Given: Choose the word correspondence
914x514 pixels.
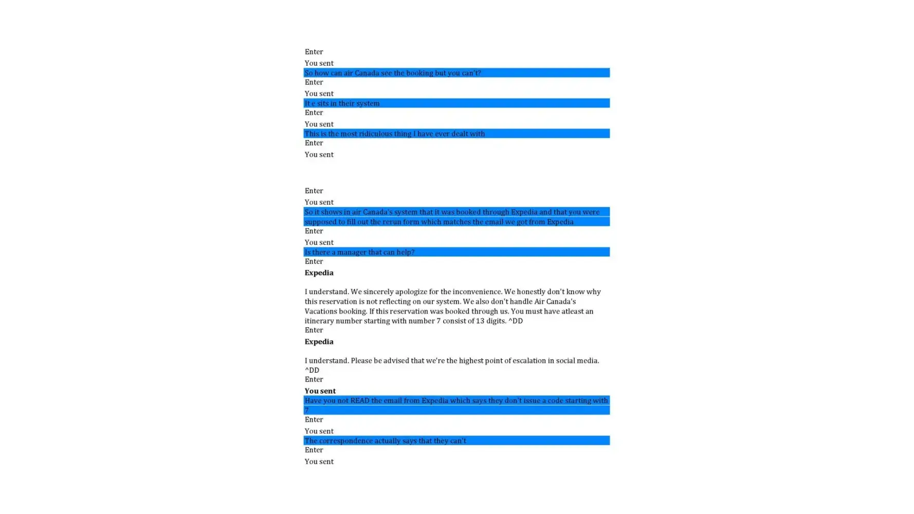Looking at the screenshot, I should pyautogui.click(x=346, y=441).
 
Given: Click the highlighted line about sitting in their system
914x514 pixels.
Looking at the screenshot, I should pyautogui.click(x=342, y=103).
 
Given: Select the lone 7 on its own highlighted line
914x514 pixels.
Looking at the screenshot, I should pyautogui.click(x=306, y=410).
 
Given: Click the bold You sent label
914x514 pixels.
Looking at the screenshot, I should pyautogui.click(x=320, y=391).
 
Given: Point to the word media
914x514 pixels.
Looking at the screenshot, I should pyautogui.click(x=587, y=361).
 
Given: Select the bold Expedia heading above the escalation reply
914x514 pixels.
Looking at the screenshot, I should pyautogui.click(x=319, y=342).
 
